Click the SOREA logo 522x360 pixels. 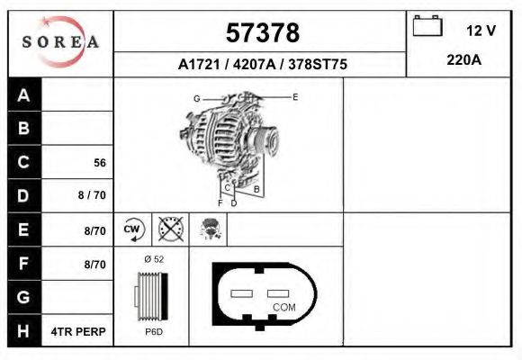pos(59,42)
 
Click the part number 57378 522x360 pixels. pos(262,32)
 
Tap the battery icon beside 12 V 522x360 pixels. pos(427,27)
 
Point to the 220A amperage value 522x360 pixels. pos(464,61)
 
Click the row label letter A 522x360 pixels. pos(23,95)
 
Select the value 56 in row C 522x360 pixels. pos(100,163)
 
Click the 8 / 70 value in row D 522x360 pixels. pos(93,195)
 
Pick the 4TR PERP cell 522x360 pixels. pos(79,331)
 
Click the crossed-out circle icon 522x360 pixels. pos(171,229)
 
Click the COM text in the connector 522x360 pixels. pos(283,308)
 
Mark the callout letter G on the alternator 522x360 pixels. pos(196,97)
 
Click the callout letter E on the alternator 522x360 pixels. pos(294,95)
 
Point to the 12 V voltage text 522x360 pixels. pos(481,30)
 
